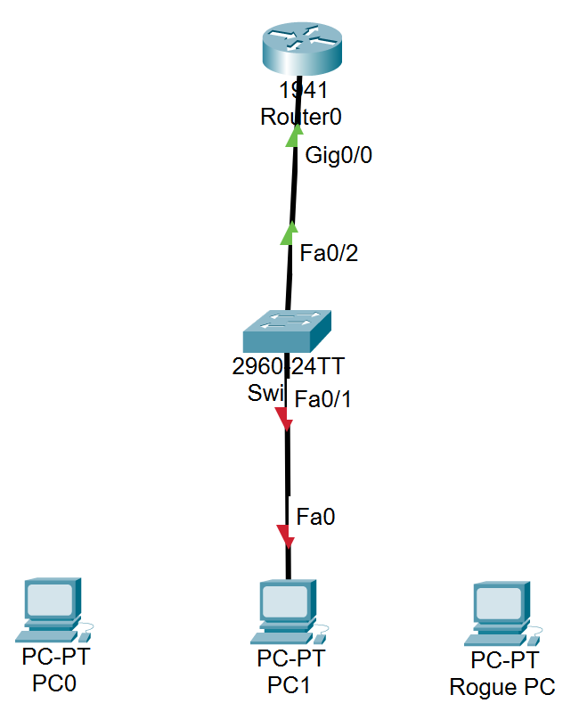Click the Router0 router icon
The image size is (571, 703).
(x=301, y=52)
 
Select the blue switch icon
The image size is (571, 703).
(x=286, y=331)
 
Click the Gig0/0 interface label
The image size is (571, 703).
(x=339, y=155)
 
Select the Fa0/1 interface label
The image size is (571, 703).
(x=323, y=398)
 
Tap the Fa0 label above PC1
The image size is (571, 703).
(x=315, y=516)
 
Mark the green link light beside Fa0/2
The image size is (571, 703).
(x=289, y=233)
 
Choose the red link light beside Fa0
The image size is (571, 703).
(x=285, y=535)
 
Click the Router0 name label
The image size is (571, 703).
(x=301, y=117)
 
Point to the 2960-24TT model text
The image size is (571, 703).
(x=287, y=367)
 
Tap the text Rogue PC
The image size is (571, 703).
(x=502, y=687)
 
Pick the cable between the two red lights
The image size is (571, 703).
(x=286, y=477)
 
